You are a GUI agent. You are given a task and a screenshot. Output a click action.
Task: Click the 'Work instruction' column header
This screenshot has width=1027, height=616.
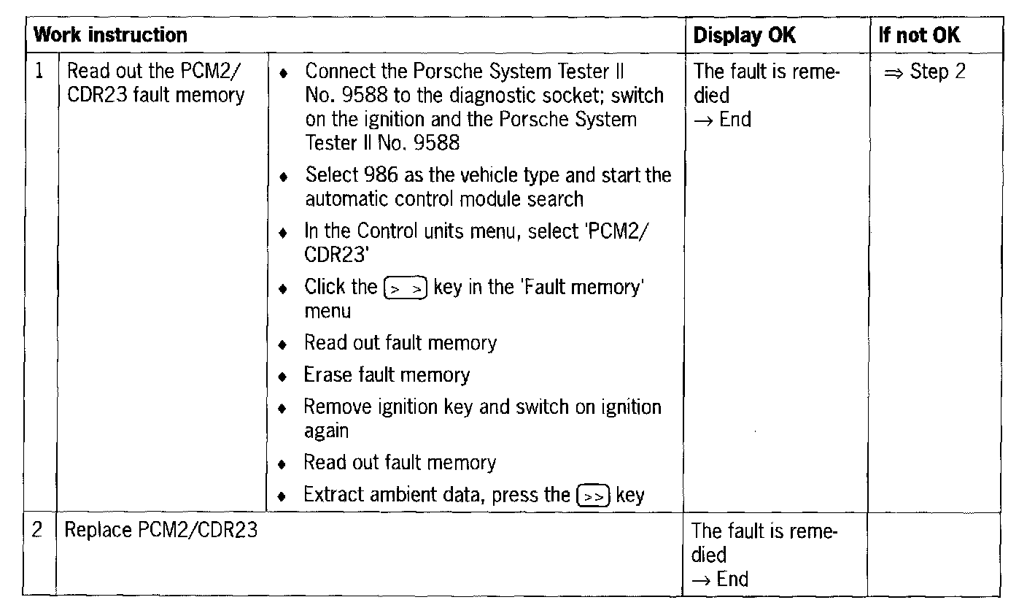pos(111,35)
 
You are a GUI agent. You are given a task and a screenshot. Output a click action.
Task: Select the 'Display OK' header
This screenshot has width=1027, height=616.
pos(744,35)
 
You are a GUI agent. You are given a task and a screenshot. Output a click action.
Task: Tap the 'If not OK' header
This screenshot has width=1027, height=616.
pos(919,35)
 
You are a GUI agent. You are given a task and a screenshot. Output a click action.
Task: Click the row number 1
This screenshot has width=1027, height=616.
pos(40,72)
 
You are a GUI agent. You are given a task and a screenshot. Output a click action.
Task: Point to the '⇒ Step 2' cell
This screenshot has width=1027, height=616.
pos(924,72)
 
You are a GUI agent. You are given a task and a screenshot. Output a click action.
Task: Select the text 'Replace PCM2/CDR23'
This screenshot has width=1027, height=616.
pos(161,530)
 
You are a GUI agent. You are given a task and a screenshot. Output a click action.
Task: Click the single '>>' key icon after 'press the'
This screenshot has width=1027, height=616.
pos(593,496)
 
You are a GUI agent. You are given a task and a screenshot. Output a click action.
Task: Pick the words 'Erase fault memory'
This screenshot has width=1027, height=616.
pos(387,375)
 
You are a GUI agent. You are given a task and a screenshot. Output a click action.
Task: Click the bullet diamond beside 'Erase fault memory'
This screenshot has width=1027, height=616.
pos(284,377)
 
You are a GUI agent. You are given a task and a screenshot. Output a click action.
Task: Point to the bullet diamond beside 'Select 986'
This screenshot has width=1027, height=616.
pos(284,177)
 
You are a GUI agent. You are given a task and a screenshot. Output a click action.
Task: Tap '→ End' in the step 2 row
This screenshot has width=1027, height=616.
pos(720,580)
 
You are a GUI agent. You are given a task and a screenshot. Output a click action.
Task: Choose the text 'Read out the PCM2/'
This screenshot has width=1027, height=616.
pos(155,72)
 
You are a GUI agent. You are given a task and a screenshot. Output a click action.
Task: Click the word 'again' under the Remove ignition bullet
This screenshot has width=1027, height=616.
pos(326,431)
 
